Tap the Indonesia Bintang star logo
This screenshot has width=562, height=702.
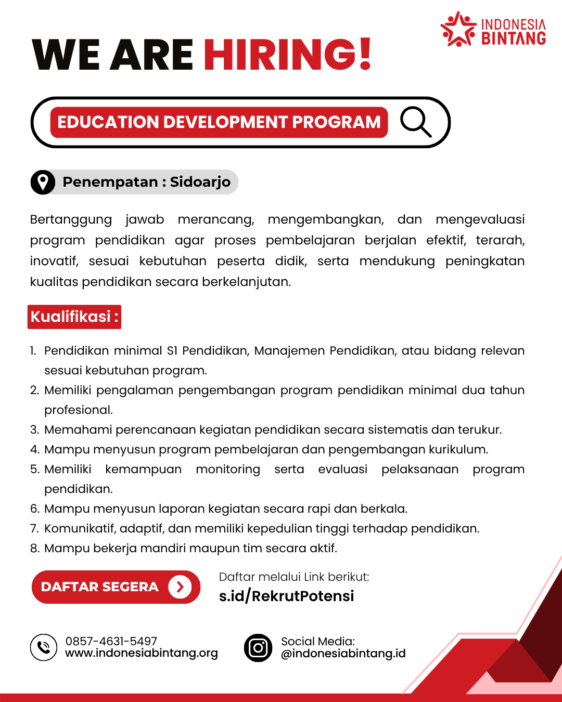458,30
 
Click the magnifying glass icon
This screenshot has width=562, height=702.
416,122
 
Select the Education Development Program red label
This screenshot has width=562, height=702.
219,122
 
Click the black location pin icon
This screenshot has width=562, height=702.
43,182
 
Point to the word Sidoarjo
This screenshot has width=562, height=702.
200,182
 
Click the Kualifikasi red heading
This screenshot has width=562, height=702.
74,317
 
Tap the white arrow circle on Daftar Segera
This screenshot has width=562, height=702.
180,587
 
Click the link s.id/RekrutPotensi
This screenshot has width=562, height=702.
286,596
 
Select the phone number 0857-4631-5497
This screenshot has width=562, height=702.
111,641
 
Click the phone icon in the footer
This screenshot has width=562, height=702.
44,647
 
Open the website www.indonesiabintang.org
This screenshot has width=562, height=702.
142,653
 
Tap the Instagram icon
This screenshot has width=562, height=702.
258,648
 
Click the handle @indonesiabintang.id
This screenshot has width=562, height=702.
343,654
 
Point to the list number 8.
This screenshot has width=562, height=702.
34,549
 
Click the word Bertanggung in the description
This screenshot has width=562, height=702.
71,219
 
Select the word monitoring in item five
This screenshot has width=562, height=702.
228,469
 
